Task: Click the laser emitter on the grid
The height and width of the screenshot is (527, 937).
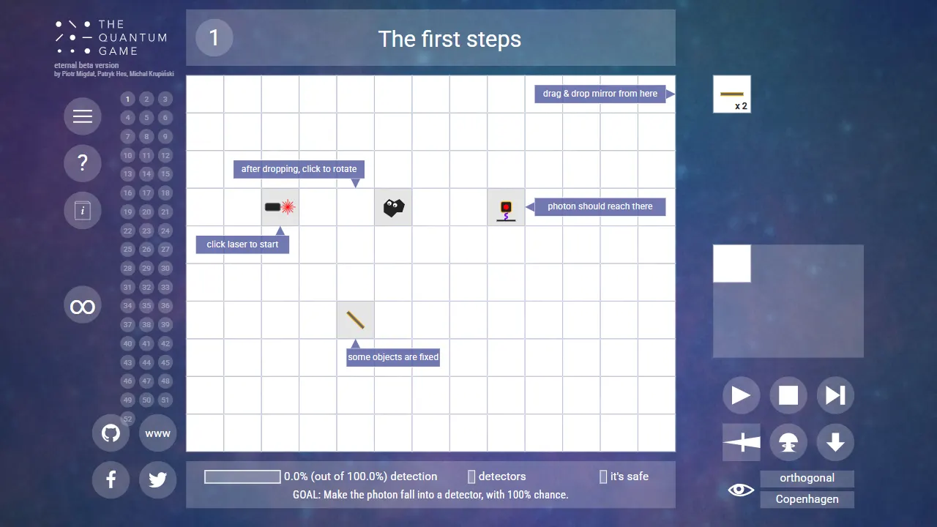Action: click(280, 207)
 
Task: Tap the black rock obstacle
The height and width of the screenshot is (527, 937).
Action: click(394, 207)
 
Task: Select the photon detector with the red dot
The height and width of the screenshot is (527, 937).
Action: click(506, 211)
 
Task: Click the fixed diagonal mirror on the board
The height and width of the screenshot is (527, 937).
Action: click(356, 320)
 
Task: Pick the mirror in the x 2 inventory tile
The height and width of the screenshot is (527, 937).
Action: click(731, 94)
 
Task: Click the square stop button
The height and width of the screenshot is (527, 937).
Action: click(788, 395)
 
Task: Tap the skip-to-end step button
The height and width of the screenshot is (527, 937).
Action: click(835, 395)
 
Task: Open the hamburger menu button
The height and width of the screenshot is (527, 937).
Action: click(83, 116)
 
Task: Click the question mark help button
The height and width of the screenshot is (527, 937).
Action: click(83, 163)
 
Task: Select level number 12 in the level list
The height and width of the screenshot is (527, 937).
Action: click(165, 156)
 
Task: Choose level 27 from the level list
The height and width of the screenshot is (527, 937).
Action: click(165, 250)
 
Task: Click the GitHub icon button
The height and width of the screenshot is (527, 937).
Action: click(111, 433)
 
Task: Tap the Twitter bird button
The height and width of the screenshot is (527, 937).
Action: click(157, 479)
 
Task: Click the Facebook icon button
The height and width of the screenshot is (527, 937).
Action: click(111, 479)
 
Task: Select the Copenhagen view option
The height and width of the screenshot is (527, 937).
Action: click(807, 499)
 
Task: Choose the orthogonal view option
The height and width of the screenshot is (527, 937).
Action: click(807, 478)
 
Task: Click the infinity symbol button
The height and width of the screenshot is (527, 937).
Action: click(83, 305)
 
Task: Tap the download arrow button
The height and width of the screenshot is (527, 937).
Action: click(835, 442)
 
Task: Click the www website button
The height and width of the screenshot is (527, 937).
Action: click(157, 433)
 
